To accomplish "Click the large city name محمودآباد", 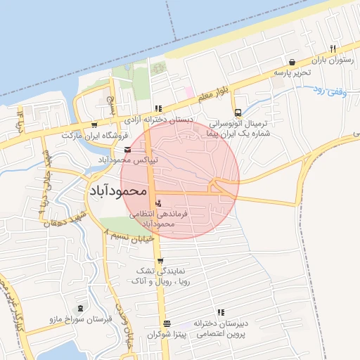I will [x=117, y=191].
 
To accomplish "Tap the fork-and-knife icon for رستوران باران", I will [x=333, y=49].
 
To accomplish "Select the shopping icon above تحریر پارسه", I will [x=292, y=62].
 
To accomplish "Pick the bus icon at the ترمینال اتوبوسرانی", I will [x=238, y=112].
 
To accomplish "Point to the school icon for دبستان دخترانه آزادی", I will [x=159, y=108].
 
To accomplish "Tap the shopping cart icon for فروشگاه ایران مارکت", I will [x=94, y=125].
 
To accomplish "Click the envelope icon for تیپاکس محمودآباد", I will [x=127, y=150].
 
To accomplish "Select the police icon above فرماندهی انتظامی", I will [x=157, y=203].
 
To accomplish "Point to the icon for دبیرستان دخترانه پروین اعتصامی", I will [x=221, y=312].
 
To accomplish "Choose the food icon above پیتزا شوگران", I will [x=167, y=323].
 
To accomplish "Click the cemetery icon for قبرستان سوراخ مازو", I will [x=79, y=308].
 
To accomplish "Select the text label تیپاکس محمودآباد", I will [x=128, y=160].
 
